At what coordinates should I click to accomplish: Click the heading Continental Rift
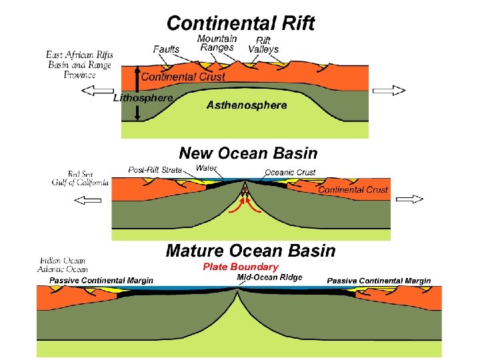(x=241, y=23)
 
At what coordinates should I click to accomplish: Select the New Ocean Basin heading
(x=248, y=153)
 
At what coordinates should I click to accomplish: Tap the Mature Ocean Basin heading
(x=251, y=251)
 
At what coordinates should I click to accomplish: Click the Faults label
(x=166, y=49)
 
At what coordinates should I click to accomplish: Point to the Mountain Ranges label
(x=217, y=43)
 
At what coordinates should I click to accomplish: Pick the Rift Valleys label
(x=263, y=45)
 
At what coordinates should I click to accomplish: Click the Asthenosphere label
(x=247, y=105)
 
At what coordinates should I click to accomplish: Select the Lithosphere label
(x=143, y=97)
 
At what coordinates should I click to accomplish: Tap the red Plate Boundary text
(x=240, y=267)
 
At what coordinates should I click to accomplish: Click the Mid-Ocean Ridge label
(x=269, y=277)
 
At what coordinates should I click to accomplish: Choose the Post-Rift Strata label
(x=155, y=170)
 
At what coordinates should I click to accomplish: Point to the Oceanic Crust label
(x=290, y=173)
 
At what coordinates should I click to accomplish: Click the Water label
(x=206, y=168)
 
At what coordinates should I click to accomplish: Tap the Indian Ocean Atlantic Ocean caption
(x=64, y=265)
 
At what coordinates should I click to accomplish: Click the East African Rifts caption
(x=79, y=64)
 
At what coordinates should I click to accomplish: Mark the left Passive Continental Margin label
(x=101, y=281)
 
